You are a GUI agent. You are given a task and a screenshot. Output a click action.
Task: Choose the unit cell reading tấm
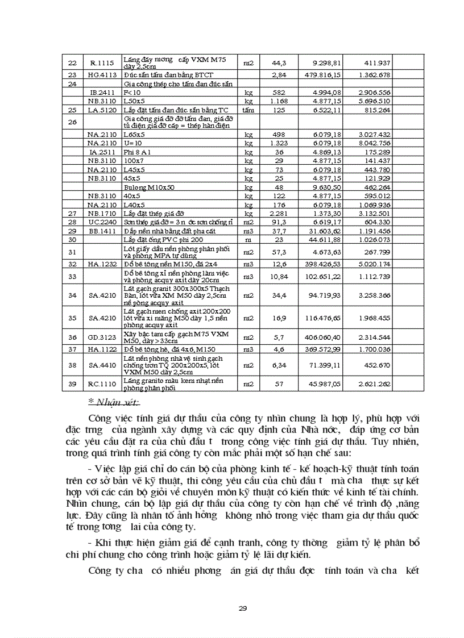click(x=248, y=110)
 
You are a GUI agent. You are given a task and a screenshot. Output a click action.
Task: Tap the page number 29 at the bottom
click(x=243, y=608)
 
